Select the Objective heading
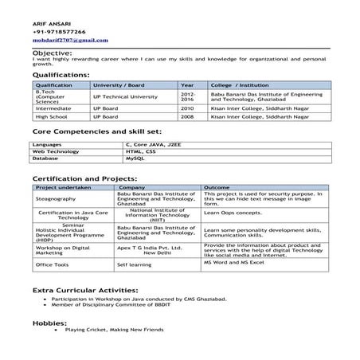(52, 53)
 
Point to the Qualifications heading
(61, 74)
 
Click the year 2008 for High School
(187, 115)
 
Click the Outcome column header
(217, 186)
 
